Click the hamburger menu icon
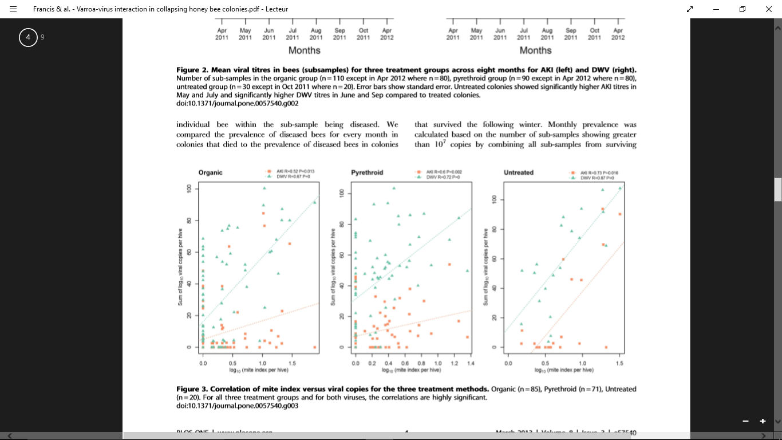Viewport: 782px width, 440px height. pyautogui.click(x=13, y=9)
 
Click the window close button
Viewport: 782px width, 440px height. pyautogui.click(x=769, y=9)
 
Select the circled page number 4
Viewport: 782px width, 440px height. pyautogui.click(x=28, y=37)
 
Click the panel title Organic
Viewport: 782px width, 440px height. pyautogui.click(x=210, y=172)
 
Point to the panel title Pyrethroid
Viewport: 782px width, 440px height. pyautogui.click(x=367, y=172)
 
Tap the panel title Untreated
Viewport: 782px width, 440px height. pyautogui.click(x=518, y=172)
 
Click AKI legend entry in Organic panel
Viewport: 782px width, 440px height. pyautogui.click(x=295, y=171)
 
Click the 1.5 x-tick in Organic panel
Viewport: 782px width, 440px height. pyautogui.click(x=292, y=363)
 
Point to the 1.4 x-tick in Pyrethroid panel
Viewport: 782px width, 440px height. pyautogui.click(x=471, y=363)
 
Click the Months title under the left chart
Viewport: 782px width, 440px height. pyautogui.click(x=304, y=50)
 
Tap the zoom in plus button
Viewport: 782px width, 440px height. pyautogui.click(x=763, y=421)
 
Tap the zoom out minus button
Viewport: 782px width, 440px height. pyautogui.click(x=745, y=421)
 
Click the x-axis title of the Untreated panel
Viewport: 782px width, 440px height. pyautogui.click(x=564, y=370)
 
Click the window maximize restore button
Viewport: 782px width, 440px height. pyautogui.click(x=742, y=9)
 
